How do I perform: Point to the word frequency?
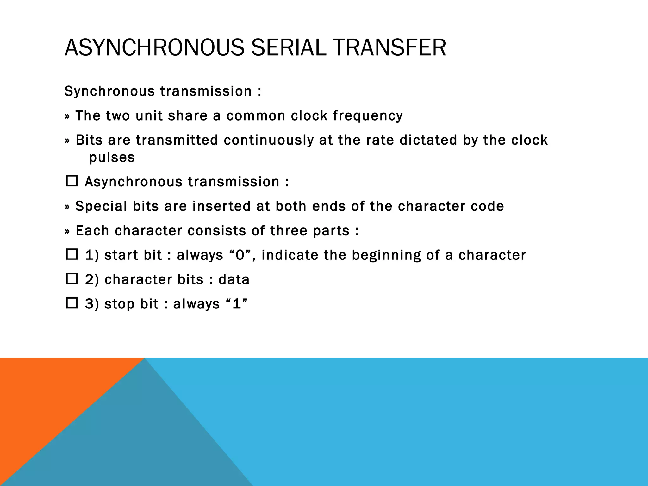[368, 116]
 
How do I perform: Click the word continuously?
[269, 140]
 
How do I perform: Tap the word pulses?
[112, 157]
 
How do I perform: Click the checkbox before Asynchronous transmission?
[72, 181]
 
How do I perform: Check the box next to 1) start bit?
[72, 254]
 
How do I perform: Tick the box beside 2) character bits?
[72, 278]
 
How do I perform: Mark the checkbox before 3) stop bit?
[72, 303]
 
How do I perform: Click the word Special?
[101, 206]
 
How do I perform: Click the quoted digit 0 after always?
[240, 255]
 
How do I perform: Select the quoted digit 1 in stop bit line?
[237, 304]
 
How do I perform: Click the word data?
[234, 280]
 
